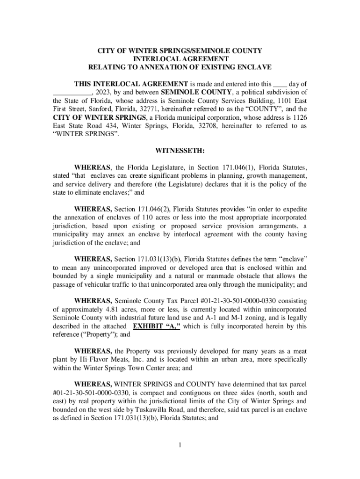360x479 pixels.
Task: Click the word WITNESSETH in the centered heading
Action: [180, 151]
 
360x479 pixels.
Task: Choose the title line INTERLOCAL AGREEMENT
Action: [180, 59]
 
